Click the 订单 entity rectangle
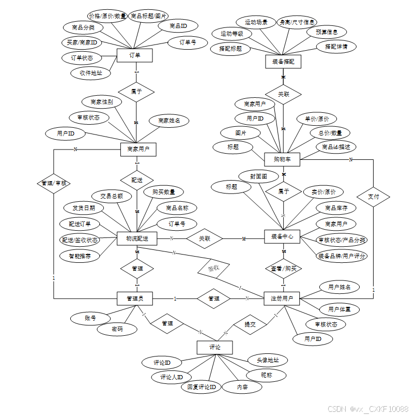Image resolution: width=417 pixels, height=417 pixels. pyautogui.click(x=134, y=55)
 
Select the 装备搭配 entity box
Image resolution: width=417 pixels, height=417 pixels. pyautogui.click(x=283, y=62)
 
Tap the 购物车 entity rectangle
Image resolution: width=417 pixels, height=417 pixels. pyautogui.click(x=282, y=159)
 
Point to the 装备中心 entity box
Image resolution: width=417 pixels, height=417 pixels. pyautogui.click(x=282, y=236)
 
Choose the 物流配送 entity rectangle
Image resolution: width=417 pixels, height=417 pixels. pyautogui.click(x=137, y=239)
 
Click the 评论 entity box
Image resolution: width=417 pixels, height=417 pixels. pyautogui.click(x=214, y=347)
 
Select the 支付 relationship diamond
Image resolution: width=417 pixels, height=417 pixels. pyautogui.click(x=373, y=197)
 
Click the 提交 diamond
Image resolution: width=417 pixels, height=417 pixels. pyautogui.click(x=250, y=324)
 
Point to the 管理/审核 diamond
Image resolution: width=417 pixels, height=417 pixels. pyautogui.click(x=54, y=183)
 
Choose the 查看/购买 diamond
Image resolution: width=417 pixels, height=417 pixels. pyautogui.click(x=283, y=269)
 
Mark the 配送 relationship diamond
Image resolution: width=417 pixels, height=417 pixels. pyautogui.click(x=136, y=180)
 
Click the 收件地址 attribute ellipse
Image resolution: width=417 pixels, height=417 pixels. pyautogui.click(x=90, y=73)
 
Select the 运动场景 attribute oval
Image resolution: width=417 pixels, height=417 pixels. pyautogui.click(x=256, y=22)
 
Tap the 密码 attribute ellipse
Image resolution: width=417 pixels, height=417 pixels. pyautogui.click(x=117, y=329)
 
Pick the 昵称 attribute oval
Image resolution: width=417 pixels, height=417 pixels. pyautogui.click(x=266, y=375)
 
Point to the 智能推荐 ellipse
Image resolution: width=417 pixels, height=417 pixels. pyautogui.click(x=80, y=256)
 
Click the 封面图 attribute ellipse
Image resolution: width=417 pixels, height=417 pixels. pyautogui.click(x=258, y=176)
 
